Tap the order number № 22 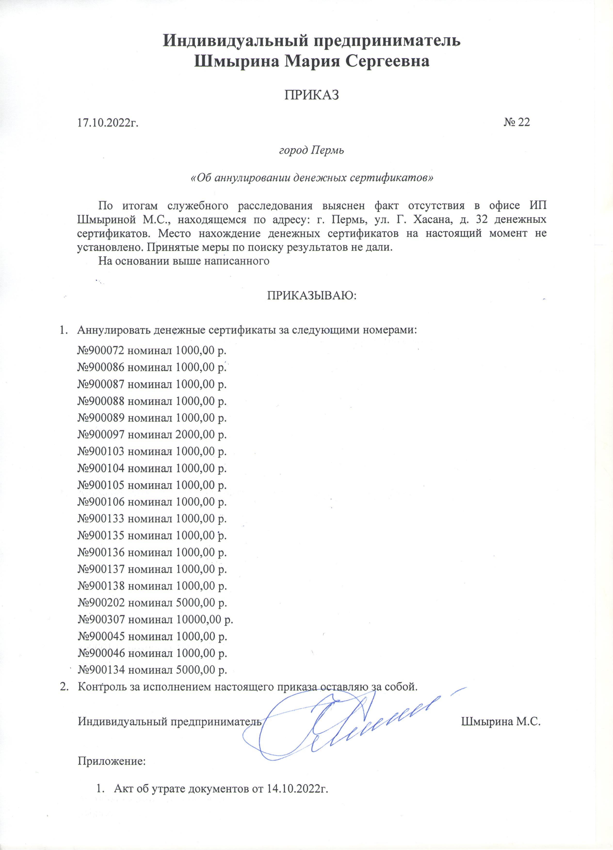coord(517,122)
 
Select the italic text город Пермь coord(312,151)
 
